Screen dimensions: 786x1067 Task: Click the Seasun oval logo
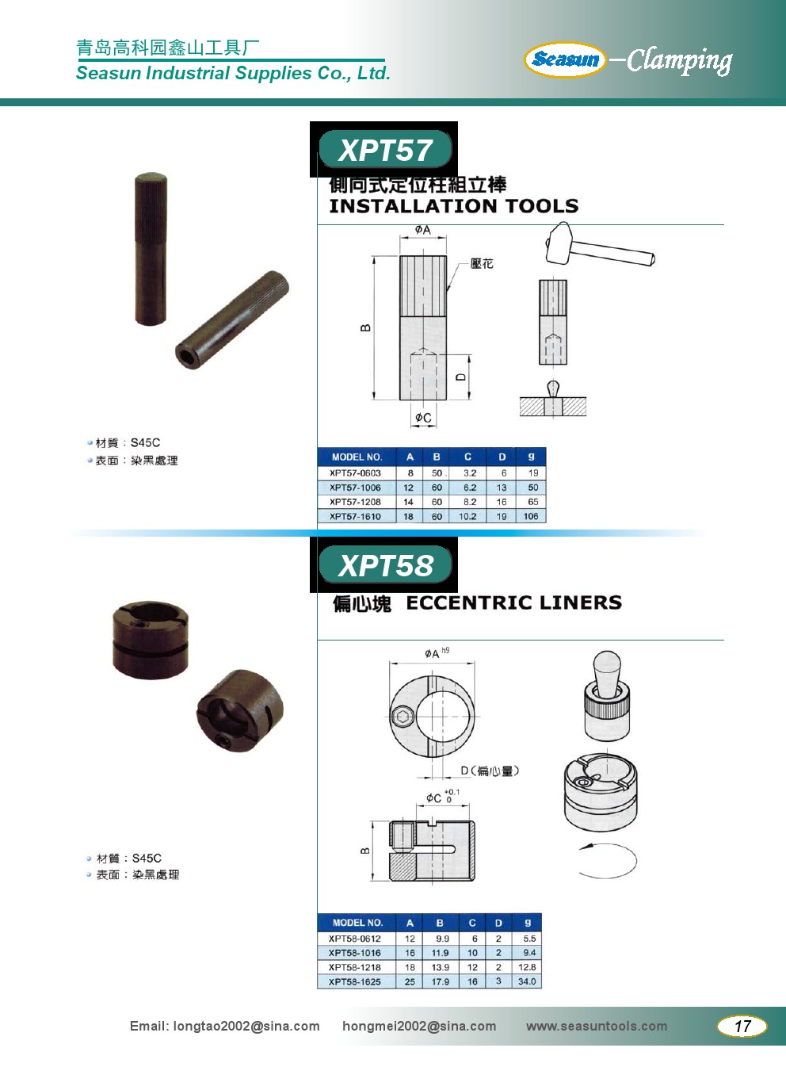click(x=565, y=59)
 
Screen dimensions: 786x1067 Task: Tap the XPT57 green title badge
click(x=384, y=150)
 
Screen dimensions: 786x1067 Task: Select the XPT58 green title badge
click(x=384, y=565)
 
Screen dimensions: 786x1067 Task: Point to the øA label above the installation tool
click(x=422, y=230)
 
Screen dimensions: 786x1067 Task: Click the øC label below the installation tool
click(x=423, y=418)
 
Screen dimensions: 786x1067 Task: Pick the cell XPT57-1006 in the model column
click(x=355, y=488)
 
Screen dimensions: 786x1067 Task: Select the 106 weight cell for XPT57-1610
click(x=531, y=516)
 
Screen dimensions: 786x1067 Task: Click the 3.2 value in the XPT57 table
click(x=469, y=473)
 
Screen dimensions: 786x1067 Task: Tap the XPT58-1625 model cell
click(x=355, y=981)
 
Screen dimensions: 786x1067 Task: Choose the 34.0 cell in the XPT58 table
click(x=527, y=981)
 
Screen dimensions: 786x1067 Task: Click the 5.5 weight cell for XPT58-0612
click(x=529, y=939)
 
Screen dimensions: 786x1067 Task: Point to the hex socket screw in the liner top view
click(x=399, y=716)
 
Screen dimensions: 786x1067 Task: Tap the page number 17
click(x=742, y=1026)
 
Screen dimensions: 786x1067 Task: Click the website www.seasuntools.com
click(x=597, y=1026)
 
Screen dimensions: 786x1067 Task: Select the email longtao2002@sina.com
click(x=246, y=1026)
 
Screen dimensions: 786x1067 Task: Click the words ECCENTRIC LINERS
click(x=513, y=602)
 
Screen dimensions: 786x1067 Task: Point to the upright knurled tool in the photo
click(x=151, y=249)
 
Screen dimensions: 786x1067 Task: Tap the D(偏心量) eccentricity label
click(x=490, y=771)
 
